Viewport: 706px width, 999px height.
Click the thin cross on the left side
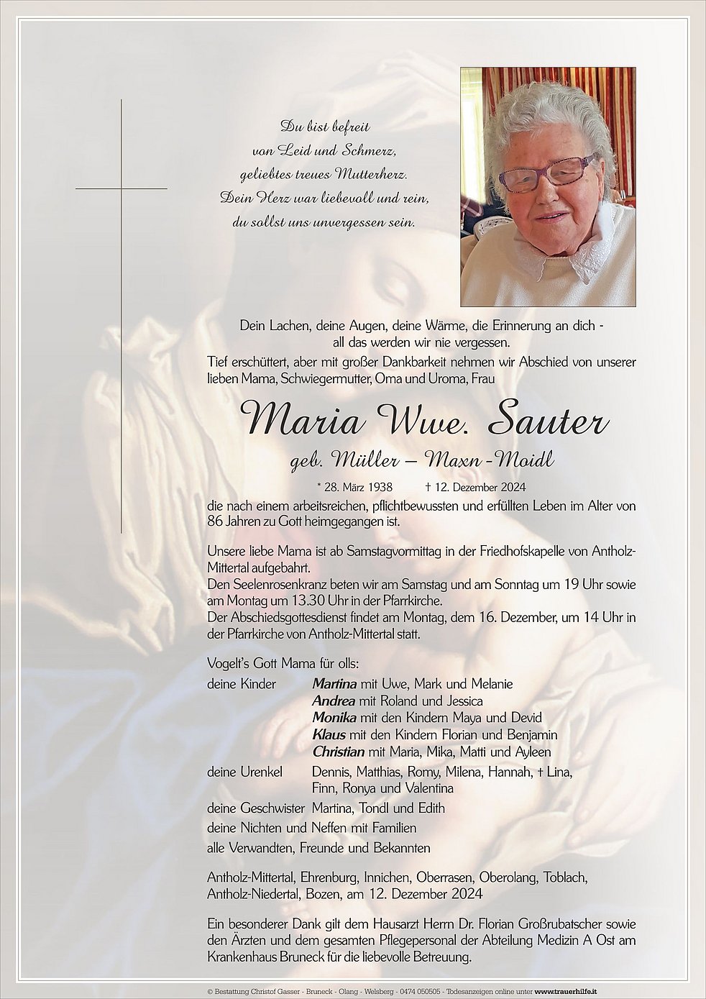tap(122, 188)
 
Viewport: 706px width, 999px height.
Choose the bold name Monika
tap(335, 718)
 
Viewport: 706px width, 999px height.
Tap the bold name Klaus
tap(329, 735)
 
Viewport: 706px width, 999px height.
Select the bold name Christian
tap(338, 752)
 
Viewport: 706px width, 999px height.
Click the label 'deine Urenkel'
tap(244, 772)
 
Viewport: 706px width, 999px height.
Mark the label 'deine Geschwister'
tap(256, 808)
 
